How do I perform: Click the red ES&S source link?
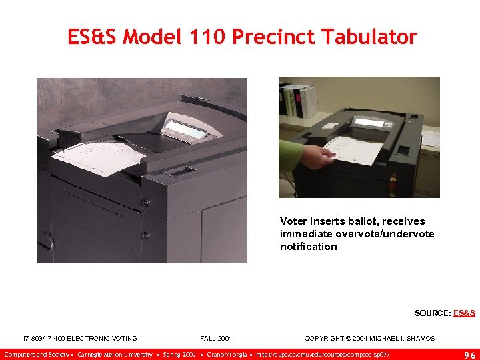coord(464,313)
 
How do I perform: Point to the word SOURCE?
coord(433,313)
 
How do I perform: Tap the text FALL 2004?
coord(216,339)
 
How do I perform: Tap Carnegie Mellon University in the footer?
coord(115,354)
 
